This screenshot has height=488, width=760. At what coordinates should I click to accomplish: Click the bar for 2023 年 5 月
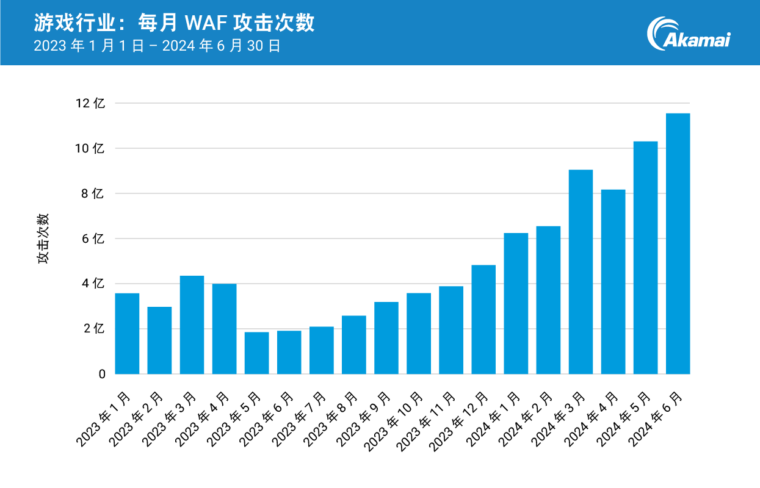pos(256,353)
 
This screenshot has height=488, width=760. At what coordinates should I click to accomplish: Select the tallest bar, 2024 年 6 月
pos(678,244)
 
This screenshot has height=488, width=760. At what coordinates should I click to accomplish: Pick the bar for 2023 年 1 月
pos(127,334)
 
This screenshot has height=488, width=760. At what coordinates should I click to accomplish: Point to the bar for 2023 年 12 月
pos(483,320)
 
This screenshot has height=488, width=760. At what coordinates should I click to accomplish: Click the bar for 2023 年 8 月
pos(354,345)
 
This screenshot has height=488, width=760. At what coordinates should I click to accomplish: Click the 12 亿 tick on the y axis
pos(90,104)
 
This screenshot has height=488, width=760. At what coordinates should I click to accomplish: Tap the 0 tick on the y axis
pos(101,374)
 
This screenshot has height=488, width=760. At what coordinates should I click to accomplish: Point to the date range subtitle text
pos(157,46)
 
